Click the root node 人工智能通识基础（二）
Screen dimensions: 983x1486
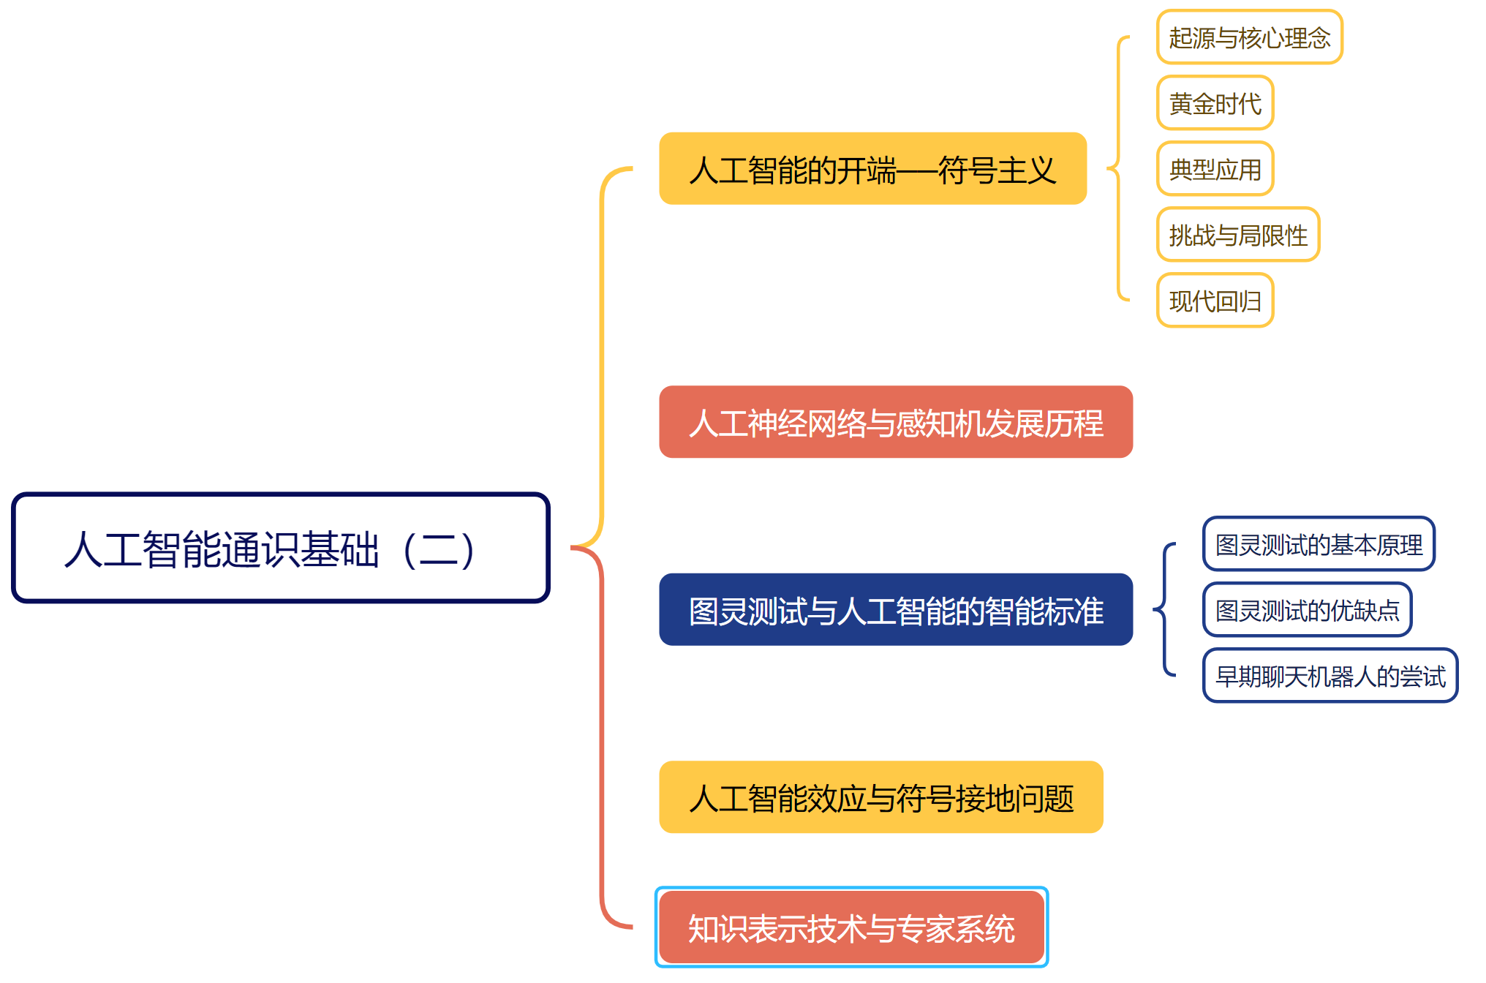280,548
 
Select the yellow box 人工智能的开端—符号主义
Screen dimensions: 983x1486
872,169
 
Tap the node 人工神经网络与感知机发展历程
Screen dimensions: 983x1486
895,423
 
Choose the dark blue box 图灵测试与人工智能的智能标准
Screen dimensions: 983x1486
895,610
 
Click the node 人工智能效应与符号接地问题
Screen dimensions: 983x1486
880,797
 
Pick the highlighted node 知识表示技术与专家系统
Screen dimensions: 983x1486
851,927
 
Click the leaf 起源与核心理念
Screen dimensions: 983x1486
1249,37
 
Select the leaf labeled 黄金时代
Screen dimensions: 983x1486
1215,103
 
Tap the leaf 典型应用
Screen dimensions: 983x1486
1215,169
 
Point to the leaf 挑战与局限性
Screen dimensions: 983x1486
1237,235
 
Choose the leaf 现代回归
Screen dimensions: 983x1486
1215,301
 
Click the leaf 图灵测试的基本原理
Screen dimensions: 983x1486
1319,544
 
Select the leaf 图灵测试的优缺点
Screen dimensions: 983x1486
1307,610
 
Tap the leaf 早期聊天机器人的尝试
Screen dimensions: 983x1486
1330,676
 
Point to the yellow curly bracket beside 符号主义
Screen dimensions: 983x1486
1117,169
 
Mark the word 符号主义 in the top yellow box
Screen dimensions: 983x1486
997,170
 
